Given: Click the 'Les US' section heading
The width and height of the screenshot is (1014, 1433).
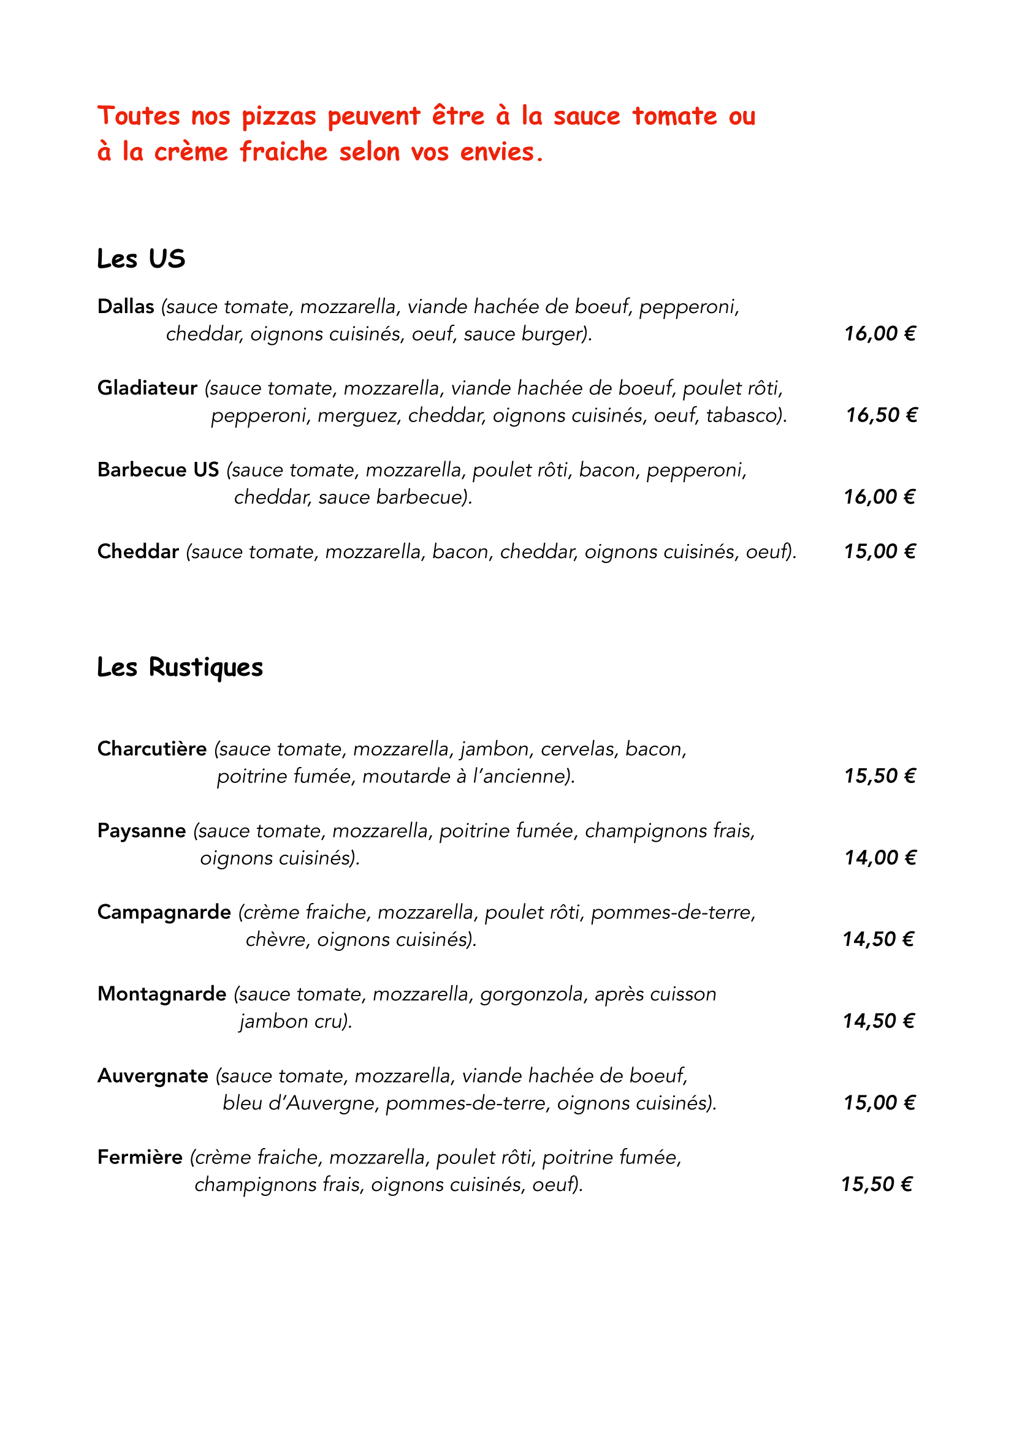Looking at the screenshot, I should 141,259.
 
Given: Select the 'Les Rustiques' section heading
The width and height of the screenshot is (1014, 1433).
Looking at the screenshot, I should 180,667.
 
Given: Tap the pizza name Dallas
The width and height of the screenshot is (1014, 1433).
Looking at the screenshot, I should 126,306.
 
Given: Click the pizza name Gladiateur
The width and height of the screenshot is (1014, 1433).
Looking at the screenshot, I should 147,388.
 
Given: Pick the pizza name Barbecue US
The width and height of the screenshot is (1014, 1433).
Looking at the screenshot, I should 158,469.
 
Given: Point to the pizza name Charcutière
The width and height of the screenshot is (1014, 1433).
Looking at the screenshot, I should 151,748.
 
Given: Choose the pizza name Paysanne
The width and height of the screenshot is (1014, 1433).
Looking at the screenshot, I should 142,831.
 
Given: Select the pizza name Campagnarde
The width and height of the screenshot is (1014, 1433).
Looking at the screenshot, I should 164,912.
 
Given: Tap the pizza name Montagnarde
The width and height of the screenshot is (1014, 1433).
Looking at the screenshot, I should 162,994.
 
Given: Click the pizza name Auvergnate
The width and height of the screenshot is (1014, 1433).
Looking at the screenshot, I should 153,1075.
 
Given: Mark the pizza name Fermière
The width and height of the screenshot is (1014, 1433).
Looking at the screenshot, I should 140,1157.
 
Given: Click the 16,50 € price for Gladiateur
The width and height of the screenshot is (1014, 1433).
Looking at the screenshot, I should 881,415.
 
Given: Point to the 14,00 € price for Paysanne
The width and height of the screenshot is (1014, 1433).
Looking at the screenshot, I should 880,858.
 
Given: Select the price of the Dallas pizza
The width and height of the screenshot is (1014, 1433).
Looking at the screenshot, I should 880,334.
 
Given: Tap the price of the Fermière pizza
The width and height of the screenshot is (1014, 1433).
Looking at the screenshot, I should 877,1184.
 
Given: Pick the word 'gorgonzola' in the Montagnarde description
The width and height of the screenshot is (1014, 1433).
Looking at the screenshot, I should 533,994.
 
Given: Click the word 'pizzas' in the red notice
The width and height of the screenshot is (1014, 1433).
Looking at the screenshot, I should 279,117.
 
